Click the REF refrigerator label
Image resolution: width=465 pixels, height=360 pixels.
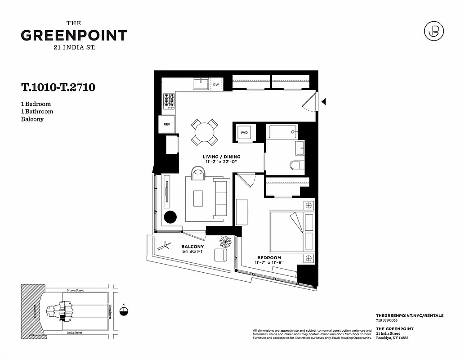click(166, 124)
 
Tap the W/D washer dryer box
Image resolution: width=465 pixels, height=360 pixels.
click(244, 133)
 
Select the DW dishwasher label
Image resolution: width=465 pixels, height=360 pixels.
click(216, 84)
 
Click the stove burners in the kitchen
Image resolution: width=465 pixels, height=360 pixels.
click(169, 101)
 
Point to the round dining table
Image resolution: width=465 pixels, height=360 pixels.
click(205, 131)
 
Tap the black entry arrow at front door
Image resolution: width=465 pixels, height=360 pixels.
click(323, 102)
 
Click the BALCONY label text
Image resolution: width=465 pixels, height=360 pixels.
click(192, 247)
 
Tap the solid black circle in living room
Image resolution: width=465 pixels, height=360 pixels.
click(171, 217)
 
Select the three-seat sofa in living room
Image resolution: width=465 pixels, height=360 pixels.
click(220, 198)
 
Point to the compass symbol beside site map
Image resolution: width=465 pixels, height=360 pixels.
click(125, 311)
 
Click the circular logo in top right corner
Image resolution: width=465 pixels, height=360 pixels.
click(434, 31)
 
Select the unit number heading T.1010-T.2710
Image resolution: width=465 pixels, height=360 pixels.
click(58, 87)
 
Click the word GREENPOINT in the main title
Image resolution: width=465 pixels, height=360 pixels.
click(74, 35)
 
